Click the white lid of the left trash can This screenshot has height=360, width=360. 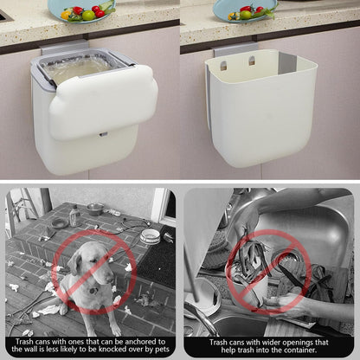(104, 102)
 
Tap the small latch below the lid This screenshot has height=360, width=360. (103, 134)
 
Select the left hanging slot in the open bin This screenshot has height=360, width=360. (223, 66)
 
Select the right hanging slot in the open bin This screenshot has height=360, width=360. (252, 61)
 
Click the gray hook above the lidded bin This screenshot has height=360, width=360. (64, 47)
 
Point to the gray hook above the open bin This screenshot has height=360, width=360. (236, 49)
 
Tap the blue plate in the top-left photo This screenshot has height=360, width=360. (81, 10)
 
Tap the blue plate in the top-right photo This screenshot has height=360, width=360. (245, 11)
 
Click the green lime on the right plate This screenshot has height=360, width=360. (246, 15)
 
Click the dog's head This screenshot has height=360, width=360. (92, 262)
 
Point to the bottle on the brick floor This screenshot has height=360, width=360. (74, 215)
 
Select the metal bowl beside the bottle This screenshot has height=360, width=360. (95, 209)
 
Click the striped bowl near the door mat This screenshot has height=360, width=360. (150, 236)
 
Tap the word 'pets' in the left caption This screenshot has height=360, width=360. (161, 350)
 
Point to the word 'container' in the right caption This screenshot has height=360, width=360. (300, 350)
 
